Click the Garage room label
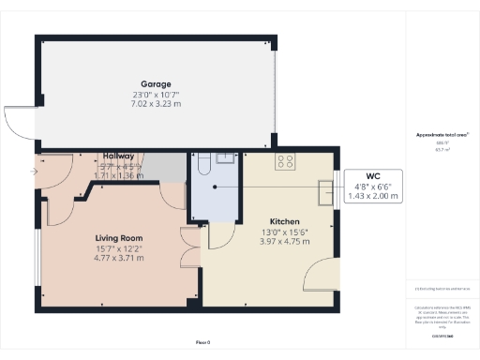click(155, 82)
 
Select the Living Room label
click(118, 238)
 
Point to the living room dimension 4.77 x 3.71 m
click(118, 257)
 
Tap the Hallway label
click(119, 156)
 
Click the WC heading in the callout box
click(372, 175)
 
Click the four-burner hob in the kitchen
click(285, 161)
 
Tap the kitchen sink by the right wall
click(325, 193)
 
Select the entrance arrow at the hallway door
click(35, 172)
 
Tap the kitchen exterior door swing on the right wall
click(322, 276)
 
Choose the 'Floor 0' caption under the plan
click(202, 340)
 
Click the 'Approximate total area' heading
click(442, 136)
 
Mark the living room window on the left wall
click(37, 253)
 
